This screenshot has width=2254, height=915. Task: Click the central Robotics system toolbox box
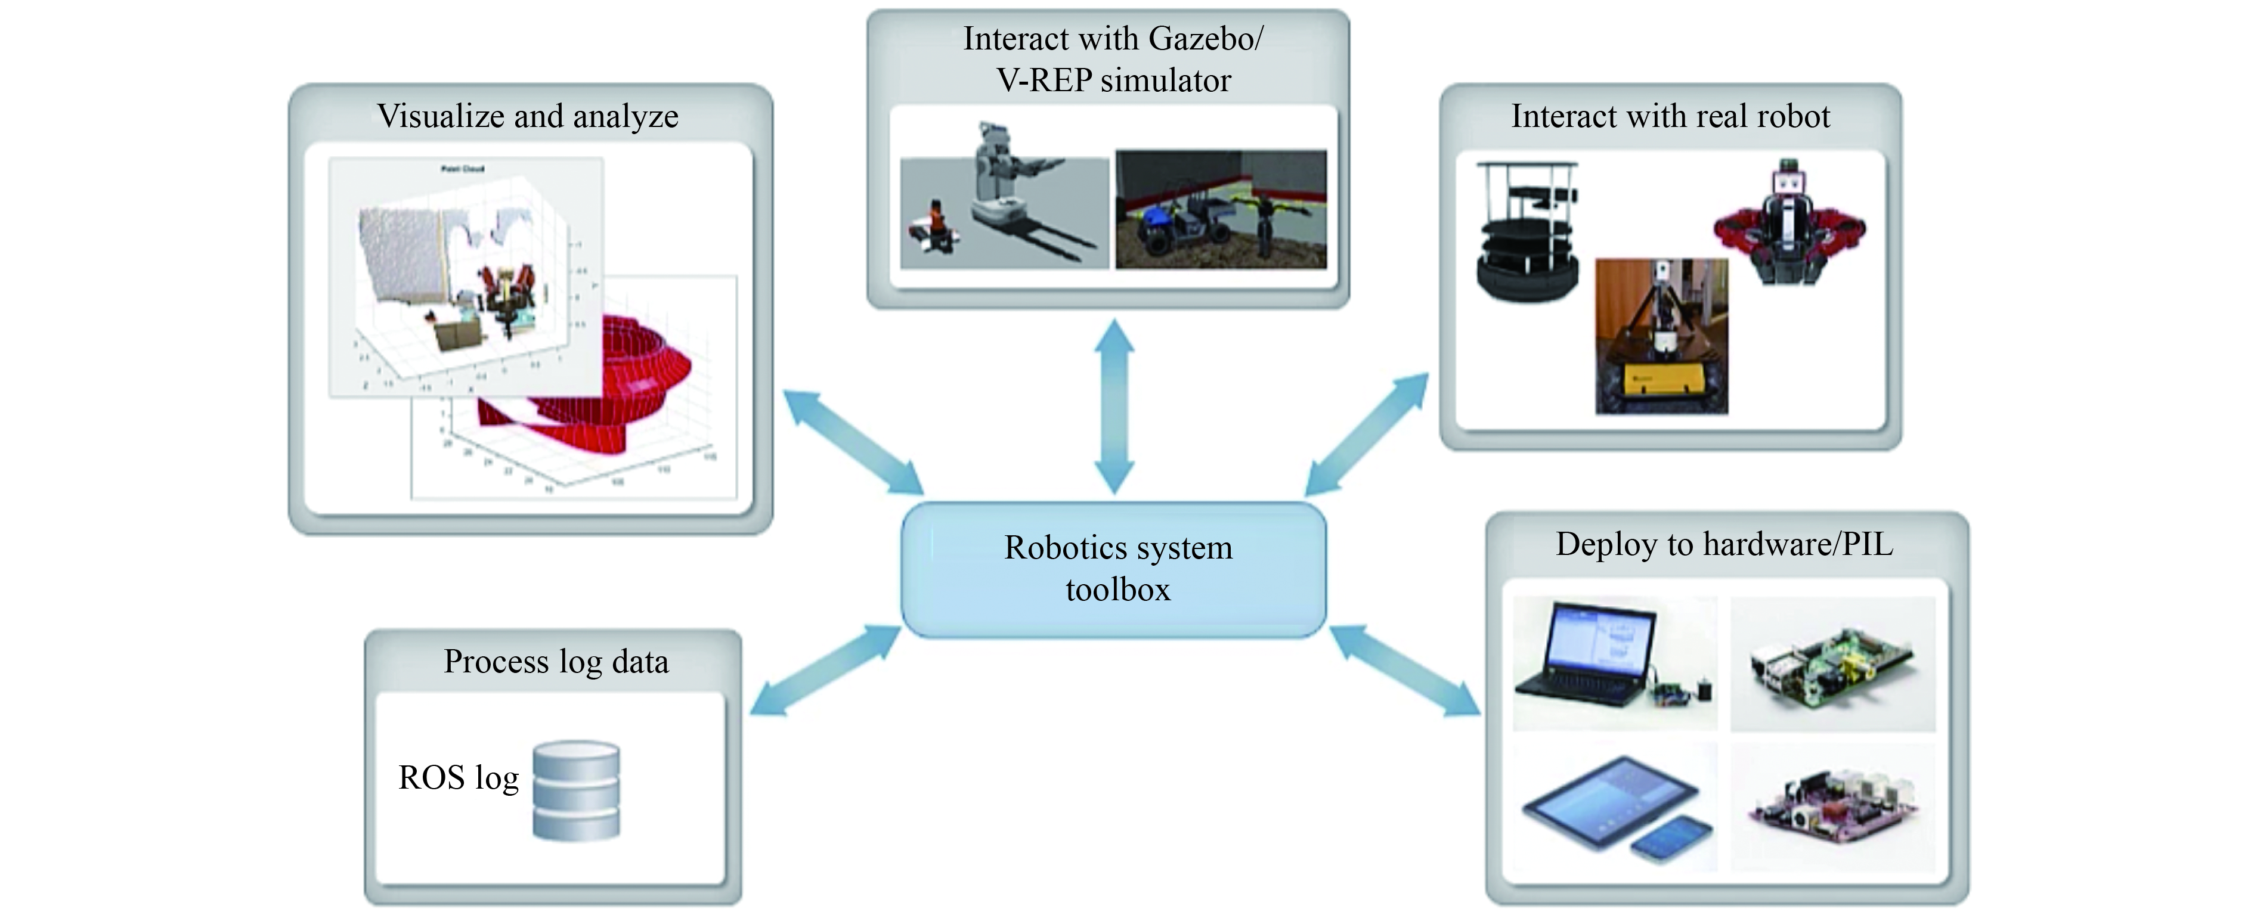(x=1114, y=569)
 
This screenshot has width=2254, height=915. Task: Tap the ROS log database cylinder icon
(x=576, y=791)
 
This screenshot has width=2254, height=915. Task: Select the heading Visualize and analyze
(x=528, y=116)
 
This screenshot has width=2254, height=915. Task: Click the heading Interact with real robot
(x=1670, y=116)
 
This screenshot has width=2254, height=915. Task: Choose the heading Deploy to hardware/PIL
(x=1724, y=544)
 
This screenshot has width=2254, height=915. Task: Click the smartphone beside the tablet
(x=1671, y=840)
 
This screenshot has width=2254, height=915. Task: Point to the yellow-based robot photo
(x=1661, y=337)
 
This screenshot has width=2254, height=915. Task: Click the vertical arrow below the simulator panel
(x=1114, y=407)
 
